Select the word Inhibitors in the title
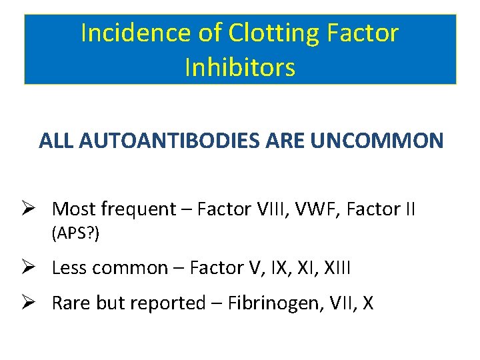point(240,67)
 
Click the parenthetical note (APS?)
point(75,233)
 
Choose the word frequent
point(137,209)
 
